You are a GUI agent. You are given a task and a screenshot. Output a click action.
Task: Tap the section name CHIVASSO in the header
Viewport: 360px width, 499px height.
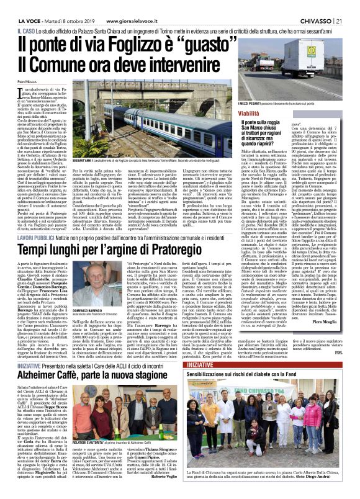click(x=315, y=5)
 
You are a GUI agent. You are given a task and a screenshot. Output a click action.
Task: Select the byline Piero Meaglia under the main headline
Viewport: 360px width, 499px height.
click(x=28, y=82)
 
